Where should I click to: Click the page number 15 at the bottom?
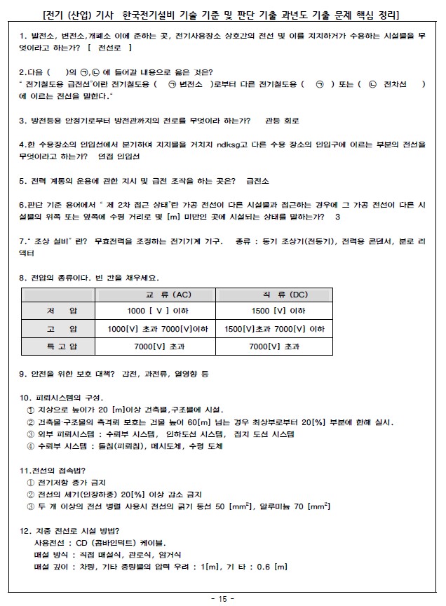tap(223, 598)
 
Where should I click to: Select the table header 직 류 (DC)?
tap(278, 295)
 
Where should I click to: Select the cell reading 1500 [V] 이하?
tap(278, 311)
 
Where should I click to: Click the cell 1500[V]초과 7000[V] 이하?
tap(278, 329)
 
